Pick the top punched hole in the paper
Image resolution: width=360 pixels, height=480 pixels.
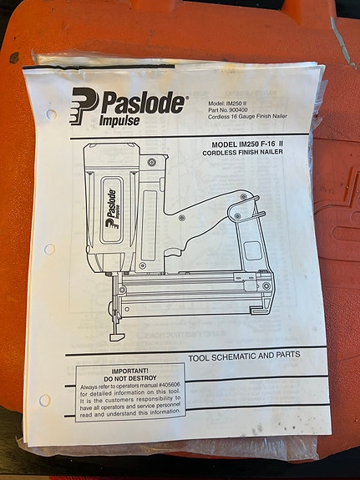[51, 114]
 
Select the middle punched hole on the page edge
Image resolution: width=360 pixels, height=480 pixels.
[49, 249]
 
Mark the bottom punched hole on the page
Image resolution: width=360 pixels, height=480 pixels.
[44, 400]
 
